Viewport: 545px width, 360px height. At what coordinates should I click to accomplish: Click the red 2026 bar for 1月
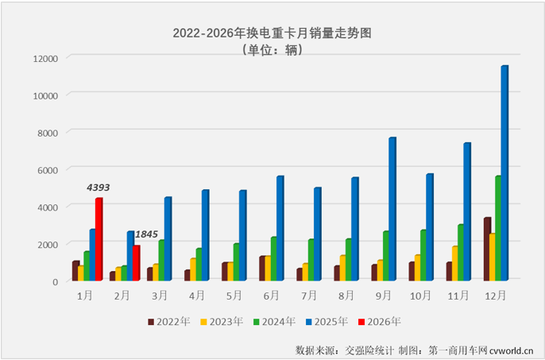tap(99, 239)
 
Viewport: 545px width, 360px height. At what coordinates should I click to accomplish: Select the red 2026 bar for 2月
tap(136, 262)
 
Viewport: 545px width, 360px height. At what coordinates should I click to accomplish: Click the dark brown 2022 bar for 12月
tap(486, 248)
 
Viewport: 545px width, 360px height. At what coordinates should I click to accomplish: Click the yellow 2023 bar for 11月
tap(454, 263)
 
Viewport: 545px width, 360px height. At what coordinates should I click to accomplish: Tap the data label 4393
tap(98, 188)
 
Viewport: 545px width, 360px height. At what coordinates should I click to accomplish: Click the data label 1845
tap(146, 234)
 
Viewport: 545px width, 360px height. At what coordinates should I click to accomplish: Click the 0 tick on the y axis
tap(56, 281)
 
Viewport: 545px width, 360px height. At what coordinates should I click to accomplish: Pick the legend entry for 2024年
tap(278, 322)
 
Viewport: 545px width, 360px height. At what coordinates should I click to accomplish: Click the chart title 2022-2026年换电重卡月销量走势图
tap(272, 33)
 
